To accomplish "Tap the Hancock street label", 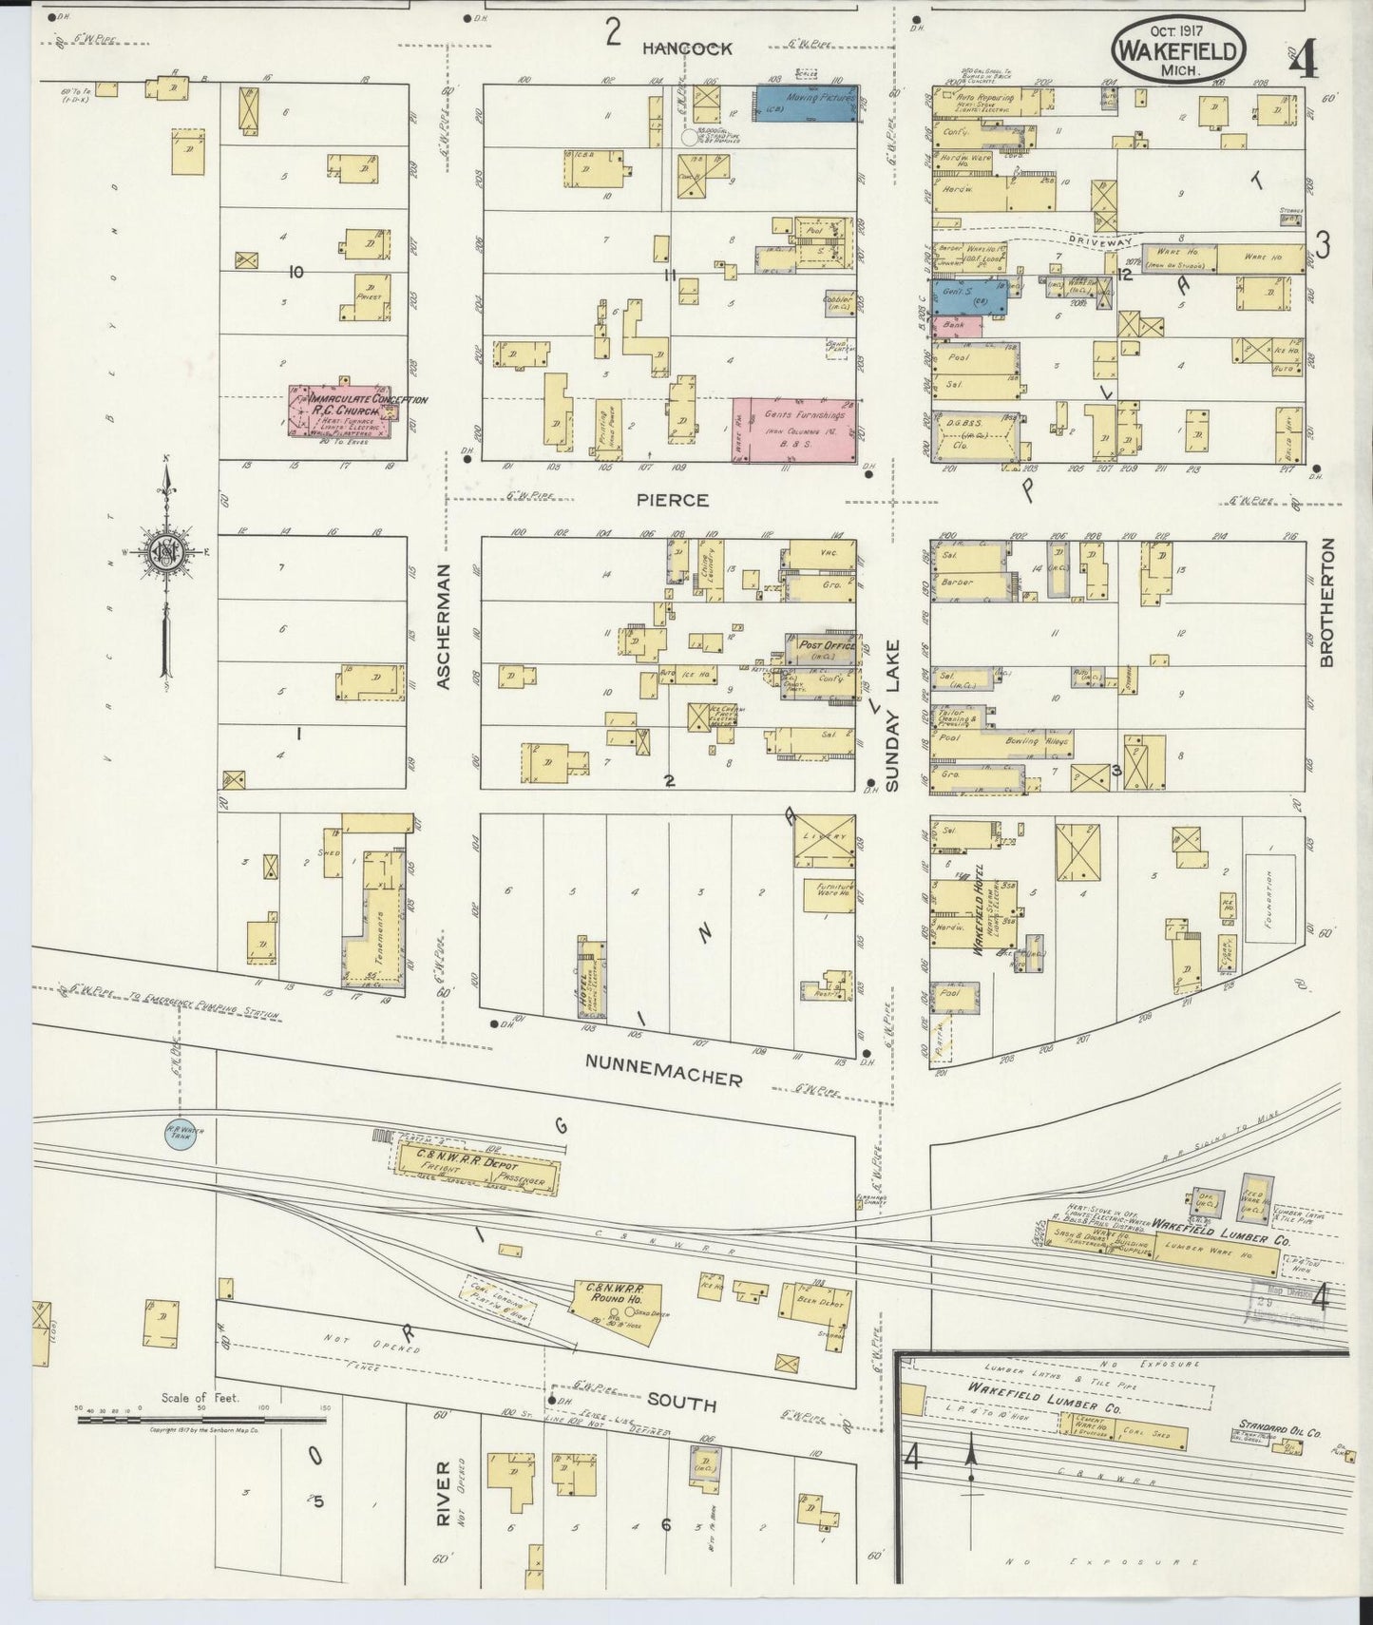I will tap(686, 48).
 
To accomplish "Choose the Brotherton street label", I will tap(1326, 603).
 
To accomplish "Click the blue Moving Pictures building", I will tap(806, 104).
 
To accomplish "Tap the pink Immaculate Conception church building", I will tap(339, 411).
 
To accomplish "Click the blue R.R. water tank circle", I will tap(181, 1135).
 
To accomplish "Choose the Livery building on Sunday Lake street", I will tap(823, 841).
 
